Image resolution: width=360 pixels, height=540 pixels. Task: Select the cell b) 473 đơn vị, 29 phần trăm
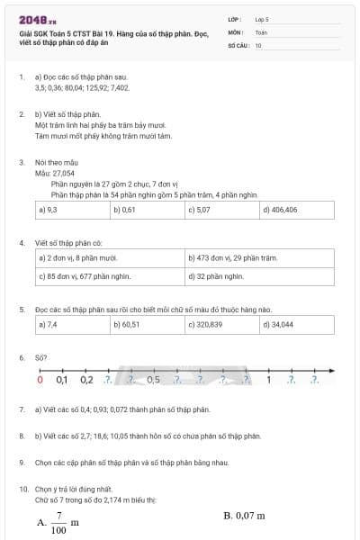(259, 258)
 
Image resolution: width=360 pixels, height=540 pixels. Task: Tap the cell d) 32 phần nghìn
(259, 276)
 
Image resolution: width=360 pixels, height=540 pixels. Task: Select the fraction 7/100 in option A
(58, 522)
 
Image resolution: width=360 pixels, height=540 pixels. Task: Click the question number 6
(22, 357)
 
